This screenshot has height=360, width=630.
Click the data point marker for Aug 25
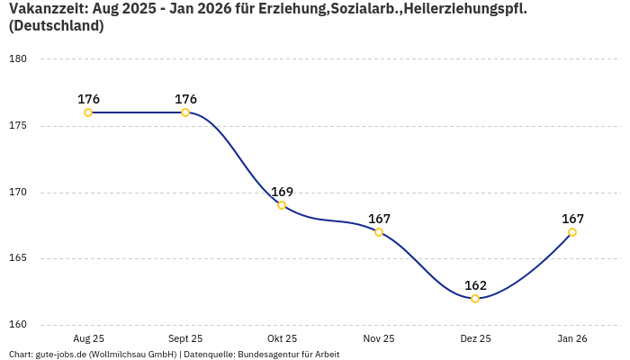pos(88,112)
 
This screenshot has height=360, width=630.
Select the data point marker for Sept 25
pos(185,112)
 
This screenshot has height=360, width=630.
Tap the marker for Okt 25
pos(282,205)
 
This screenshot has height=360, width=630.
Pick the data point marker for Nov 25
pos(379,232)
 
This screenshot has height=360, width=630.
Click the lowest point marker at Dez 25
pos(475,299)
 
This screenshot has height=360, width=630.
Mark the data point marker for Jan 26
pos(572,232)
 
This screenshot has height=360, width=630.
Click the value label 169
pos(282,192)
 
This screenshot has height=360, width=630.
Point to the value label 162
pos(475,285)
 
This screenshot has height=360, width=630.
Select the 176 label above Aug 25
pos(88,99)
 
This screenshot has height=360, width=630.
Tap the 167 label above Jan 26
pos(572,219)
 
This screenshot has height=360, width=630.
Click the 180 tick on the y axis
pos(19,59)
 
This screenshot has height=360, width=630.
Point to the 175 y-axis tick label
pos(19,126)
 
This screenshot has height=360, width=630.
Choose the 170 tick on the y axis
pos(19,193)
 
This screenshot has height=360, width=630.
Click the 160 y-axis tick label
pos(19,325)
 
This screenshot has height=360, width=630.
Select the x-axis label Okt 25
pos(282,339)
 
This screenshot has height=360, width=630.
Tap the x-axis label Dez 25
pos(475,339)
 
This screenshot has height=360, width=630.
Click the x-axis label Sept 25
pos(185,339)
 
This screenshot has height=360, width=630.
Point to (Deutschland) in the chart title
pos(56,26)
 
